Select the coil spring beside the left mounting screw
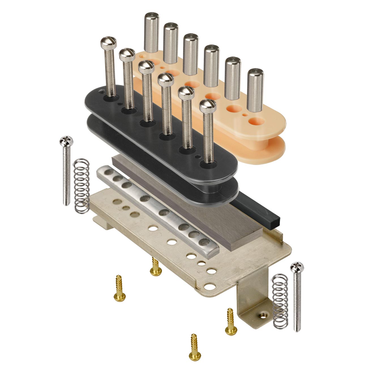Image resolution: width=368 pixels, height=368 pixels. coord(82,185)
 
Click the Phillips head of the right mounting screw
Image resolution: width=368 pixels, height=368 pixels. coord(297,267)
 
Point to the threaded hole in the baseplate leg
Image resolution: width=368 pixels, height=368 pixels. coord(264,315)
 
